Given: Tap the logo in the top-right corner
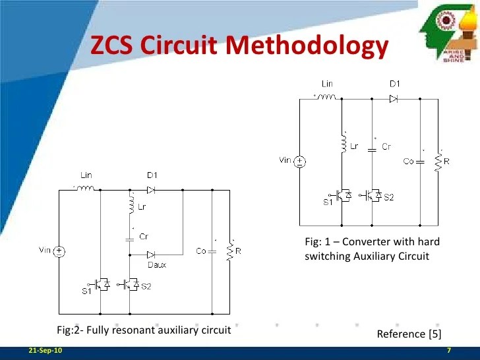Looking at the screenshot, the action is (x=448, y=32).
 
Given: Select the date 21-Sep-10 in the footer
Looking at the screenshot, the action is (x=42, y=349).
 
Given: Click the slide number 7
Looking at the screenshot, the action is (x=448, y=349).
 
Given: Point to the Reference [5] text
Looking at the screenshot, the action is (x=409, y=334).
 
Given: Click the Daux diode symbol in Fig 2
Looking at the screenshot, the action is (x=151, y=254).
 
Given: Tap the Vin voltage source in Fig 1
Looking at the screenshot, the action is (x=299, y=161).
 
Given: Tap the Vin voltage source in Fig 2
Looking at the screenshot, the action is (x=59, y=251).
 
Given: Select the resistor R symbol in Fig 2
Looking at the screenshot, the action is (x=229, y=251).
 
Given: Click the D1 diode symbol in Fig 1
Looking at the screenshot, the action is (x=394, y=99).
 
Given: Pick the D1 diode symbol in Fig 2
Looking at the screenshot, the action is (x=151, y=189).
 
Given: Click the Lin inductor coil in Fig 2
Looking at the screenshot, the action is (x=86, y=189).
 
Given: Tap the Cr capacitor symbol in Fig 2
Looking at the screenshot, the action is (x=129, y=235).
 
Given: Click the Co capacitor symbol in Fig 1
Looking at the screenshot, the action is (x=420, y=161).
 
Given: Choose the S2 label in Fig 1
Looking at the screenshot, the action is (x=388, y=197).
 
